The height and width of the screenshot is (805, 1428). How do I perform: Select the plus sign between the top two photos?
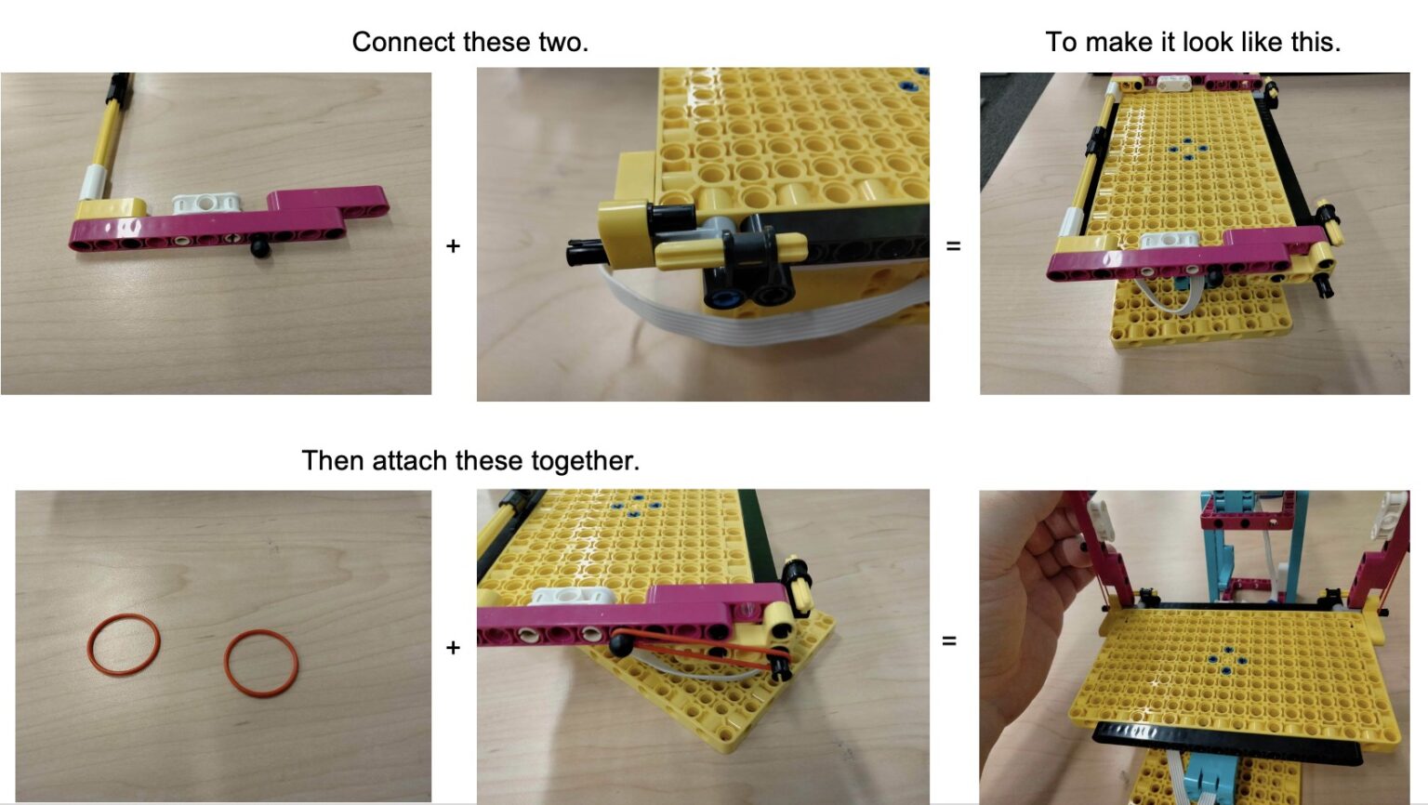[x=453, y=246]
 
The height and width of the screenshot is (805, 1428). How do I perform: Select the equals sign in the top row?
[x=953, y=246]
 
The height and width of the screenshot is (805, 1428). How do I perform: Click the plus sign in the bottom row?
[x=453, y=647]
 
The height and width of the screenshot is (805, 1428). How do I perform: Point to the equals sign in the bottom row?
[x=949, y=641]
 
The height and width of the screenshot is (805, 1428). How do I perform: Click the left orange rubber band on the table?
[x=124, y=644]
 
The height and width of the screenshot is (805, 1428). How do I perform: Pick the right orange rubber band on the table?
[x=261, y=663]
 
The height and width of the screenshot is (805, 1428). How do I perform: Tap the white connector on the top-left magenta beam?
[x=207, y=202]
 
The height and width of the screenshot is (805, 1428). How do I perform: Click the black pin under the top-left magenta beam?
[x=260, y=249]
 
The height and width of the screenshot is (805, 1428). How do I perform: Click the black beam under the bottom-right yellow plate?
[x=1227, y=744]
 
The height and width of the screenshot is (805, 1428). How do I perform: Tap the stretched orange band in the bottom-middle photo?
[x=707, y=650]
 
